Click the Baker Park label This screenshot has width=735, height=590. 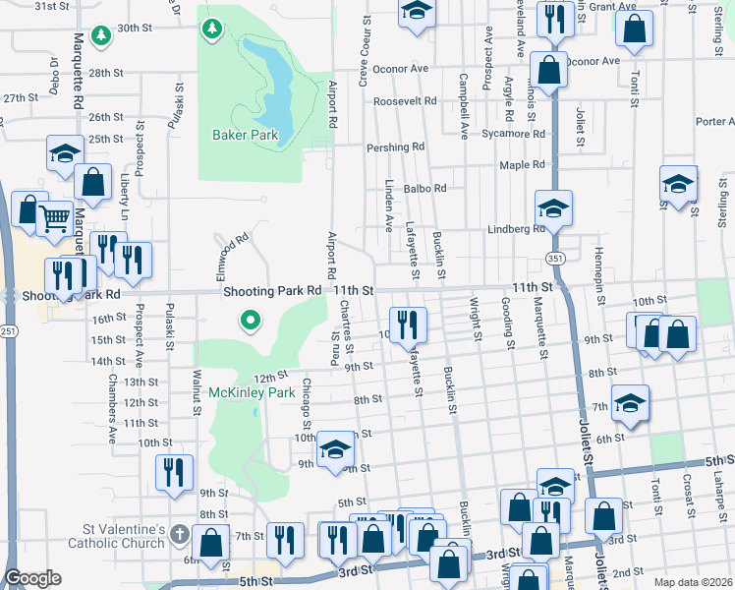246,135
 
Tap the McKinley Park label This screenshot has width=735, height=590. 252,392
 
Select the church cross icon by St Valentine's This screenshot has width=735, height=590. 179,535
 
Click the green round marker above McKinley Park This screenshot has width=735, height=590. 251,320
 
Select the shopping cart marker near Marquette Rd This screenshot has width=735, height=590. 56,217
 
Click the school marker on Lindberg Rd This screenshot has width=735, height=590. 553,207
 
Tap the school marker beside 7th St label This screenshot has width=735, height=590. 630,401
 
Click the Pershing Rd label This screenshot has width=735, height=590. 395,147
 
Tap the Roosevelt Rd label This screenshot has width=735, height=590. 405,101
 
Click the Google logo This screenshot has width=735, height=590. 33,579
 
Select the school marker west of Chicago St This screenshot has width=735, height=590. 335,449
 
